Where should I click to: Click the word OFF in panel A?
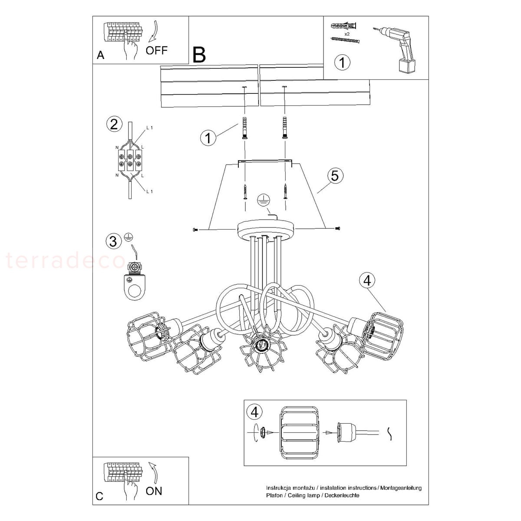[x=157, y=50]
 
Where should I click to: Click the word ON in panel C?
[x=154, y=491]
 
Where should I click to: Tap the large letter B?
[x=199, y=55]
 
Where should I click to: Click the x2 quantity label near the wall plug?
[x=347, y=34]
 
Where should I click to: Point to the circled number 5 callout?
[x=335, y=176]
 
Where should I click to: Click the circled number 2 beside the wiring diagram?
[x=114, y=124]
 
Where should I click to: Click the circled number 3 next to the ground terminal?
[x=113, y=241]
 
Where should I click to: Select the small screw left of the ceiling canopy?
[x=195, y=230]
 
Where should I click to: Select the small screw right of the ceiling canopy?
[x=337, y=228]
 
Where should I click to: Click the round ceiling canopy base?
[x=266, y=229]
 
